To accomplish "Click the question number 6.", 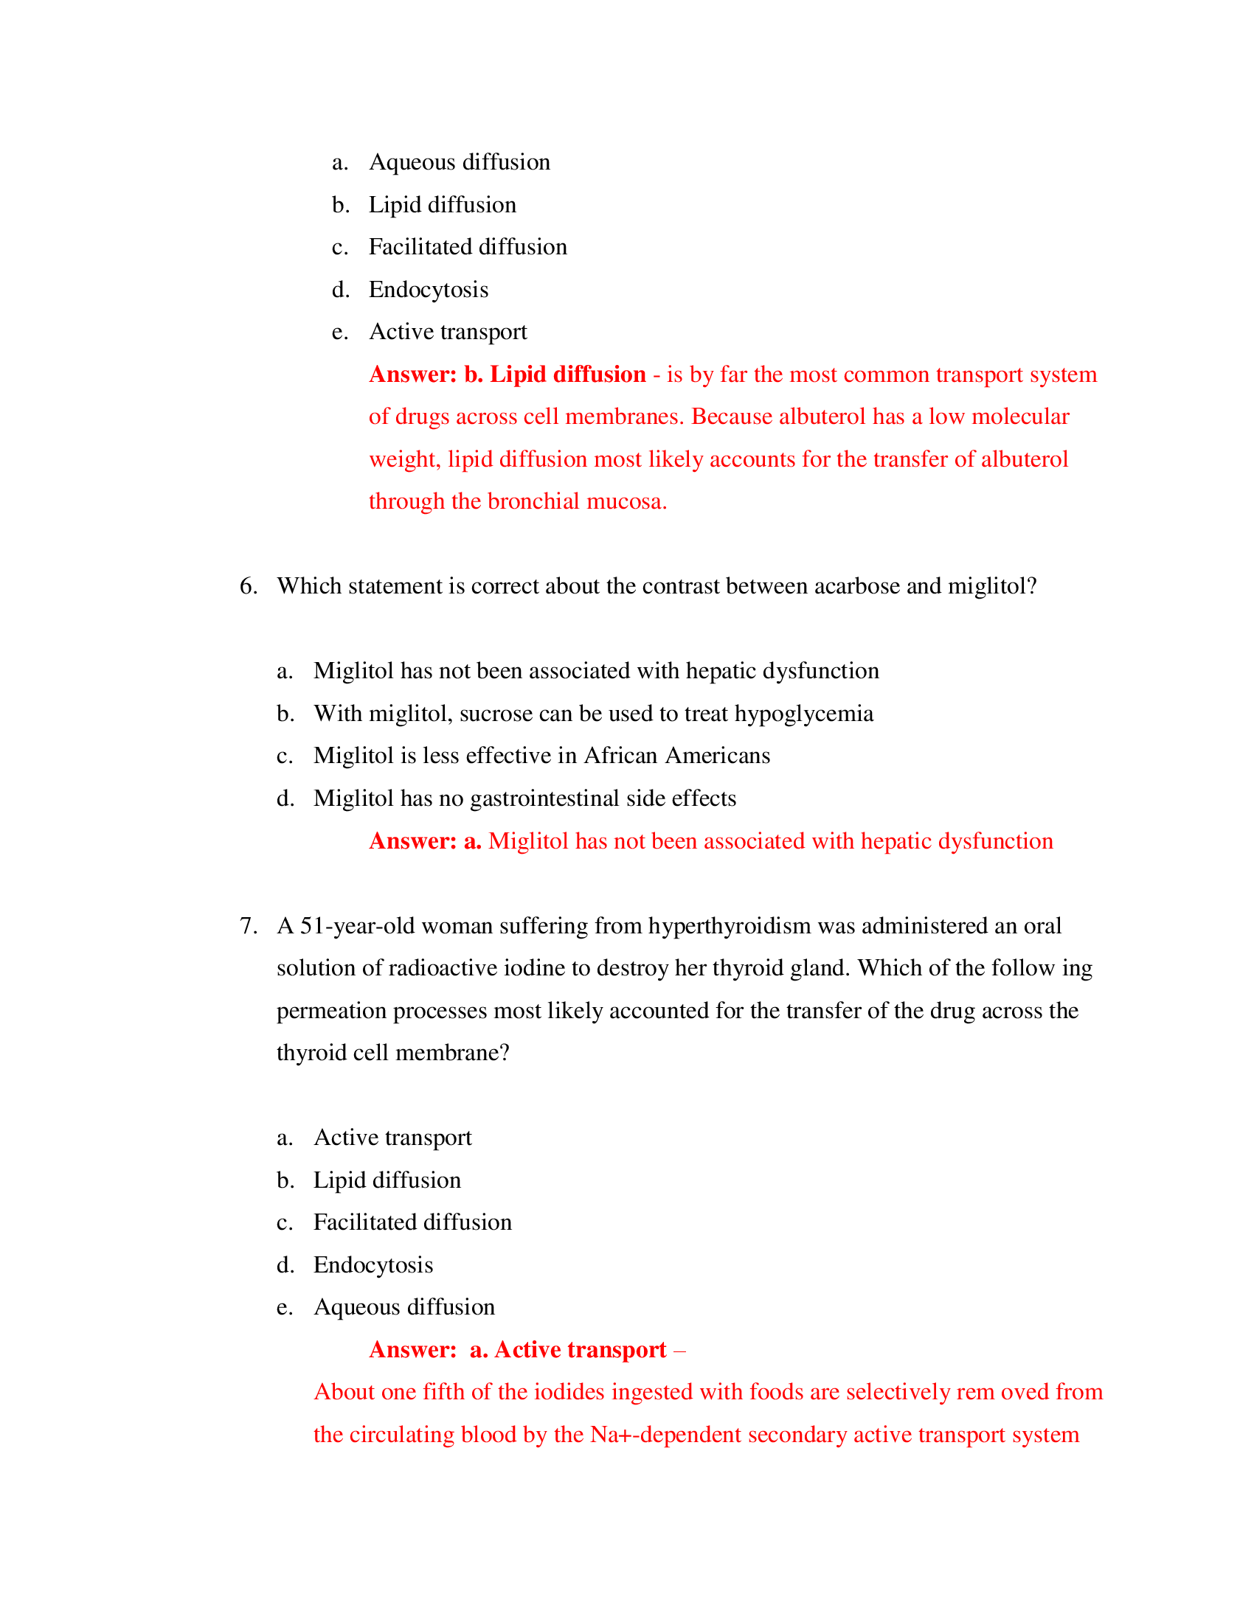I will tap(248, 587).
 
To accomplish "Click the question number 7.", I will tap(248, 926).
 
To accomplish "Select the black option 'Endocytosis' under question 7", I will tap(373, 1264).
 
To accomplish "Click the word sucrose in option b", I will tap(496, 714).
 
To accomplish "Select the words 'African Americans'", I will tap(676, 756).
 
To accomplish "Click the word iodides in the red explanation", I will tap(569, 1393).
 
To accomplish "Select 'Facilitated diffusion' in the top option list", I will tap(467, 247).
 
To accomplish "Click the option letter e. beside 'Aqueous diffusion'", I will tap(285, 1308).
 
